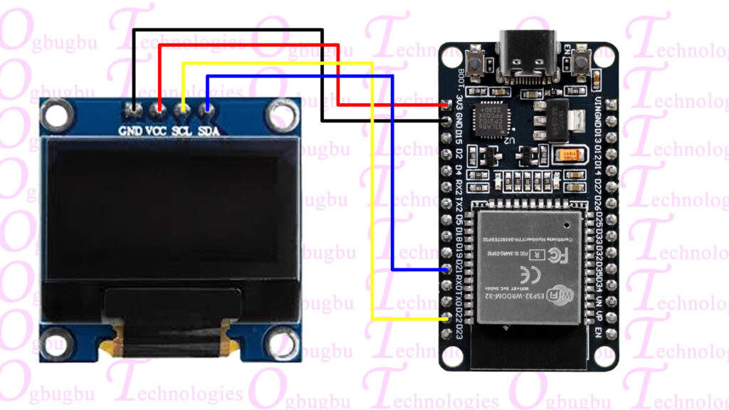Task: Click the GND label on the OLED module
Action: click(130, 130)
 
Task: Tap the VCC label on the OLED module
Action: click(157, 130)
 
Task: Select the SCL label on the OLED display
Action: click(183, 130)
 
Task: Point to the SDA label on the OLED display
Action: click(208, 130)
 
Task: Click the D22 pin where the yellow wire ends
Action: click(447, 319)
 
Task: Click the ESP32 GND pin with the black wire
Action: click(447, 120)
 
